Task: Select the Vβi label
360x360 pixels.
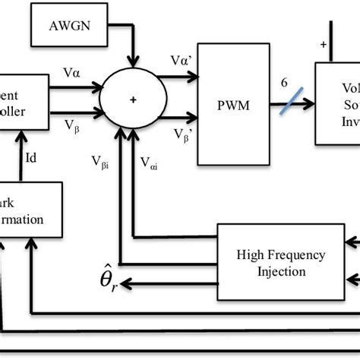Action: [100, 162]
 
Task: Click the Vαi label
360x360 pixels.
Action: [150, 162]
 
